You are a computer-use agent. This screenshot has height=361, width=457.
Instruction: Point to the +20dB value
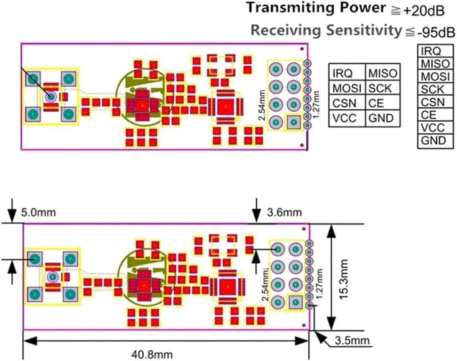click(424, 12)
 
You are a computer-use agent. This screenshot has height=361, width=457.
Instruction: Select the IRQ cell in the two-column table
click(342, 73)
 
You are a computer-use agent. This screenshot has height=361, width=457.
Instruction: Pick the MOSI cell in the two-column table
click(347, 88)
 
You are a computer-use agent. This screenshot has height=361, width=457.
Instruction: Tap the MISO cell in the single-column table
click(435, 64)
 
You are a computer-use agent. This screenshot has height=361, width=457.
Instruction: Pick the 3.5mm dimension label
click(351, 341)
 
